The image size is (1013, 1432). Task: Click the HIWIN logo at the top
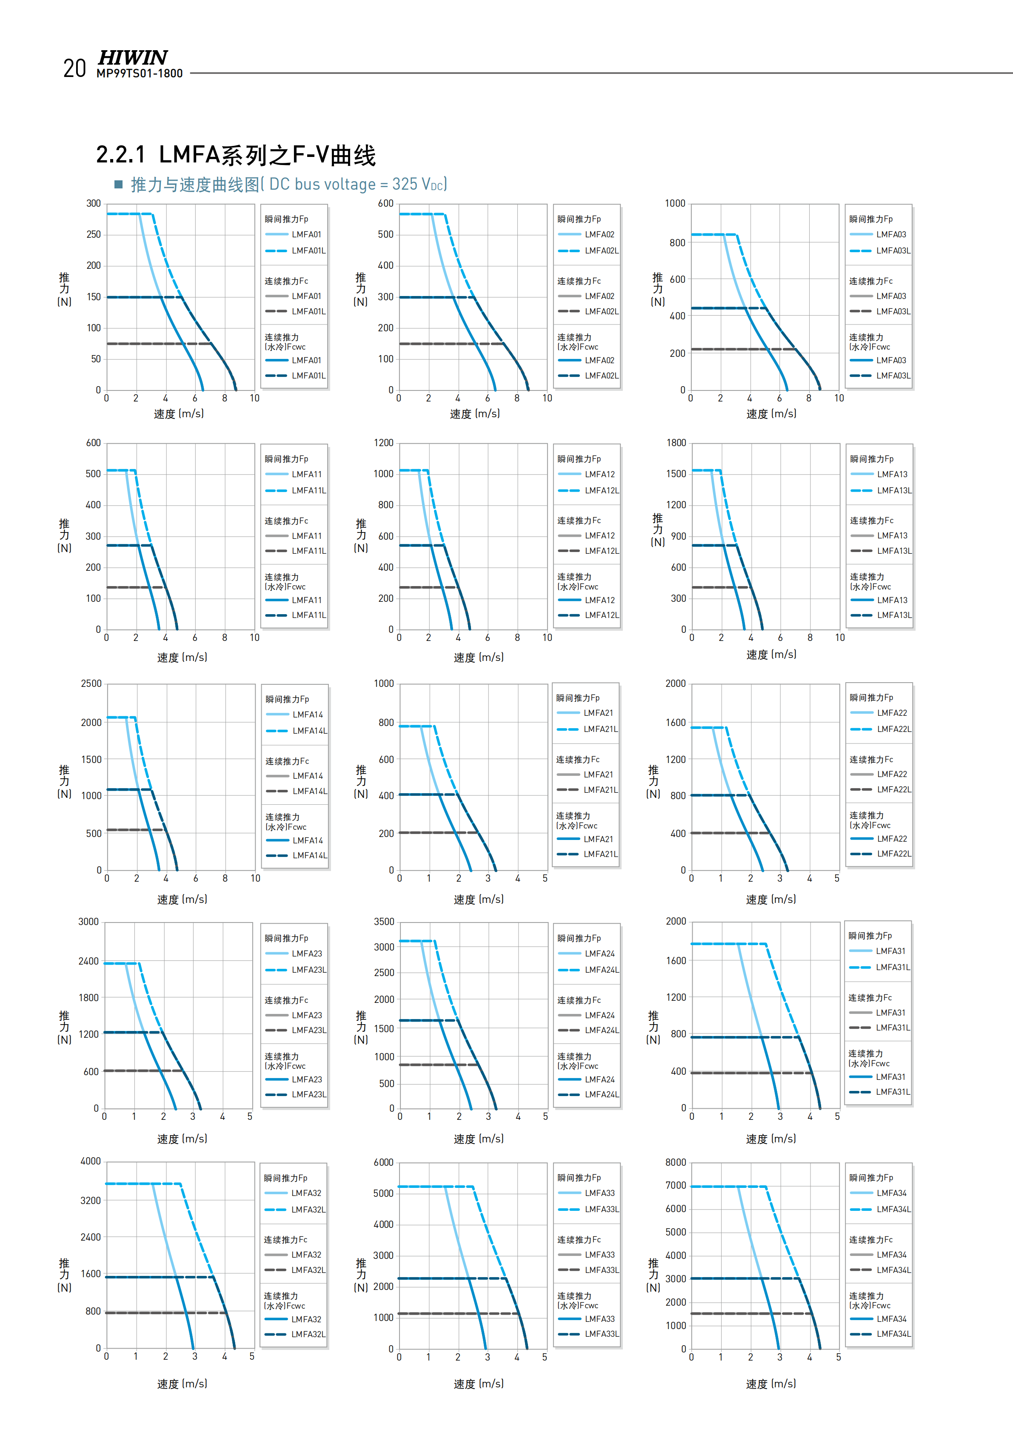point(133,58)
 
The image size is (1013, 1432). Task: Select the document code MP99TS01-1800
point(140,74)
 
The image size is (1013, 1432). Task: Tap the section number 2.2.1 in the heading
point(120,155)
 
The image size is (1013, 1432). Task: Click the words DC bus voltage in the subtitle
point(322,185)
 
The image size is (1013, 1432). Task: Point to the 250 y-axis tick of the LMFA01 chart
point(94,234)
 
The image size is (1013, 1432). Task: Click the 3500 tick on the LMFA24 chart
point(384,922)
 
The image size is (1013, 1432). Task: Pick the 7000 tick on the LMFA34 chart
point(676,1186)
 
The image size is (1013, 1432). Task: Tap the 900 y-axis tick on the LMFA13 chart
point(678,536)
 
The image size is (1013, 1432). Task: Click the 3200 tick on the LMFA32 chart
point(91,1201)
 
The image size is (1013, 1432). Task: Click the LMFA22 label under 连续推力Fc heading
point(892,774)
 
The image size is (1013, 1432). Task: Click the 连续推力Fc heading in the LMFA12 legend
point(579,521)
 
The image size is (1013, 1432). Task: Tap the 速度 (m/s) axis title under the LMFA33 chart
point(479,1384)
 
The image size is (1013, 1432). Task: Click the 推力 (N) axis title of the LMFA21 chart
point(360,781)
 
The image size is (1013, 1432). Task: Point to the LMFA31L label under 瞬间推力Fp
point(893,967)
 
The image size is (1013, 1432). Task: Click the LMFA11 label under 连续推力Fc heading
point(307,536)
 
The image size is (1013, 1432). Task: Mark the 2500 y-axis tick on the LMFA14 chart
point(91,683)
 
